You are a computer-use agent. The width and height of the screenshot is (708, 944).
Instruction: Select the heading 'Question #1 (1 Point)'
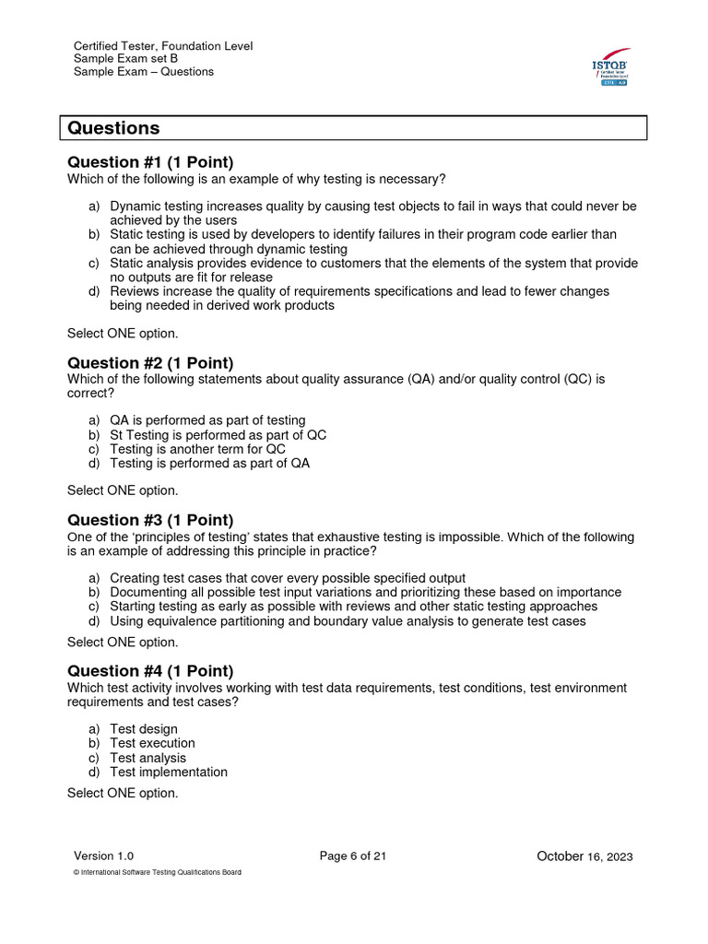point(150,162)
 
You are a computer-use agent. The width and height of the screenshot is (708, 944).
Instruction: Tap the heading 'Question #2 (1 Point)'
point(150,362)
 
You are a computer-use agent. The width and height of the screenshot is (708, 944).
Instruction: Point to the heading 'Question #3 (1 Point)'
point(150,520)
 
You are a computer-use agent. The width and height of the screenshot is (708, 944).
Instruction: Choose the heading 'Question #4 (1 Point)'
point(150,671)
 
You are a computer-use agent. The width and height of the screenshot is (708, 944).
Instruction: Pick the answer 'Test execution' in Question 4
point(152,743)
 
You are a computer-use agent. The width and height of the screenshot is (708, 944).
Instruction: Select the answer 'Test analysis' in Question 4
point(147,758)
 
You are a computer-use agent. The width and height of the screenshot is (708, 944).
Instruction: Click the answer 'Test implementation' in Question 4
point(169,773)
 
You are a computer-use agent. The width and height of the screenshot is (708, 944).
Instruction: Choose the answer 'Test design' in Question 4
point(144,729)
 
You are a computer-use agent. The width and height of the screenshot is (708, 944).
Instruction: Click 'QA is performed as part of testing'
point(207,420)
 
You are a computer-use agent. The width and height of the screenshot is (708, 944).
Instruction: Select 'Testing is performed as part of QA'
point(209,464)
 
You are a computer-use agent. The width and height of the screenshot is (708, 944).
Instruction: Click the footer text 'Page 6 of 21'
point(353,856)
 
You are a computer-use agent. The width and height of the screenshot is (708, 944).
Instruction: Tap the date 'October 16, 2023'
point(584,857)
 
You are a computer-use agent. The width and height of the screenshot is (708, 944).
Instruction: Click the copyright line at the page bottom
point(157,873)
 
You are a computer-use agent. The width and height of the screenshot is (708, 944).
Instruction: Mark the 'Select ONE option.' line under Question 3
point(123,642)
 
